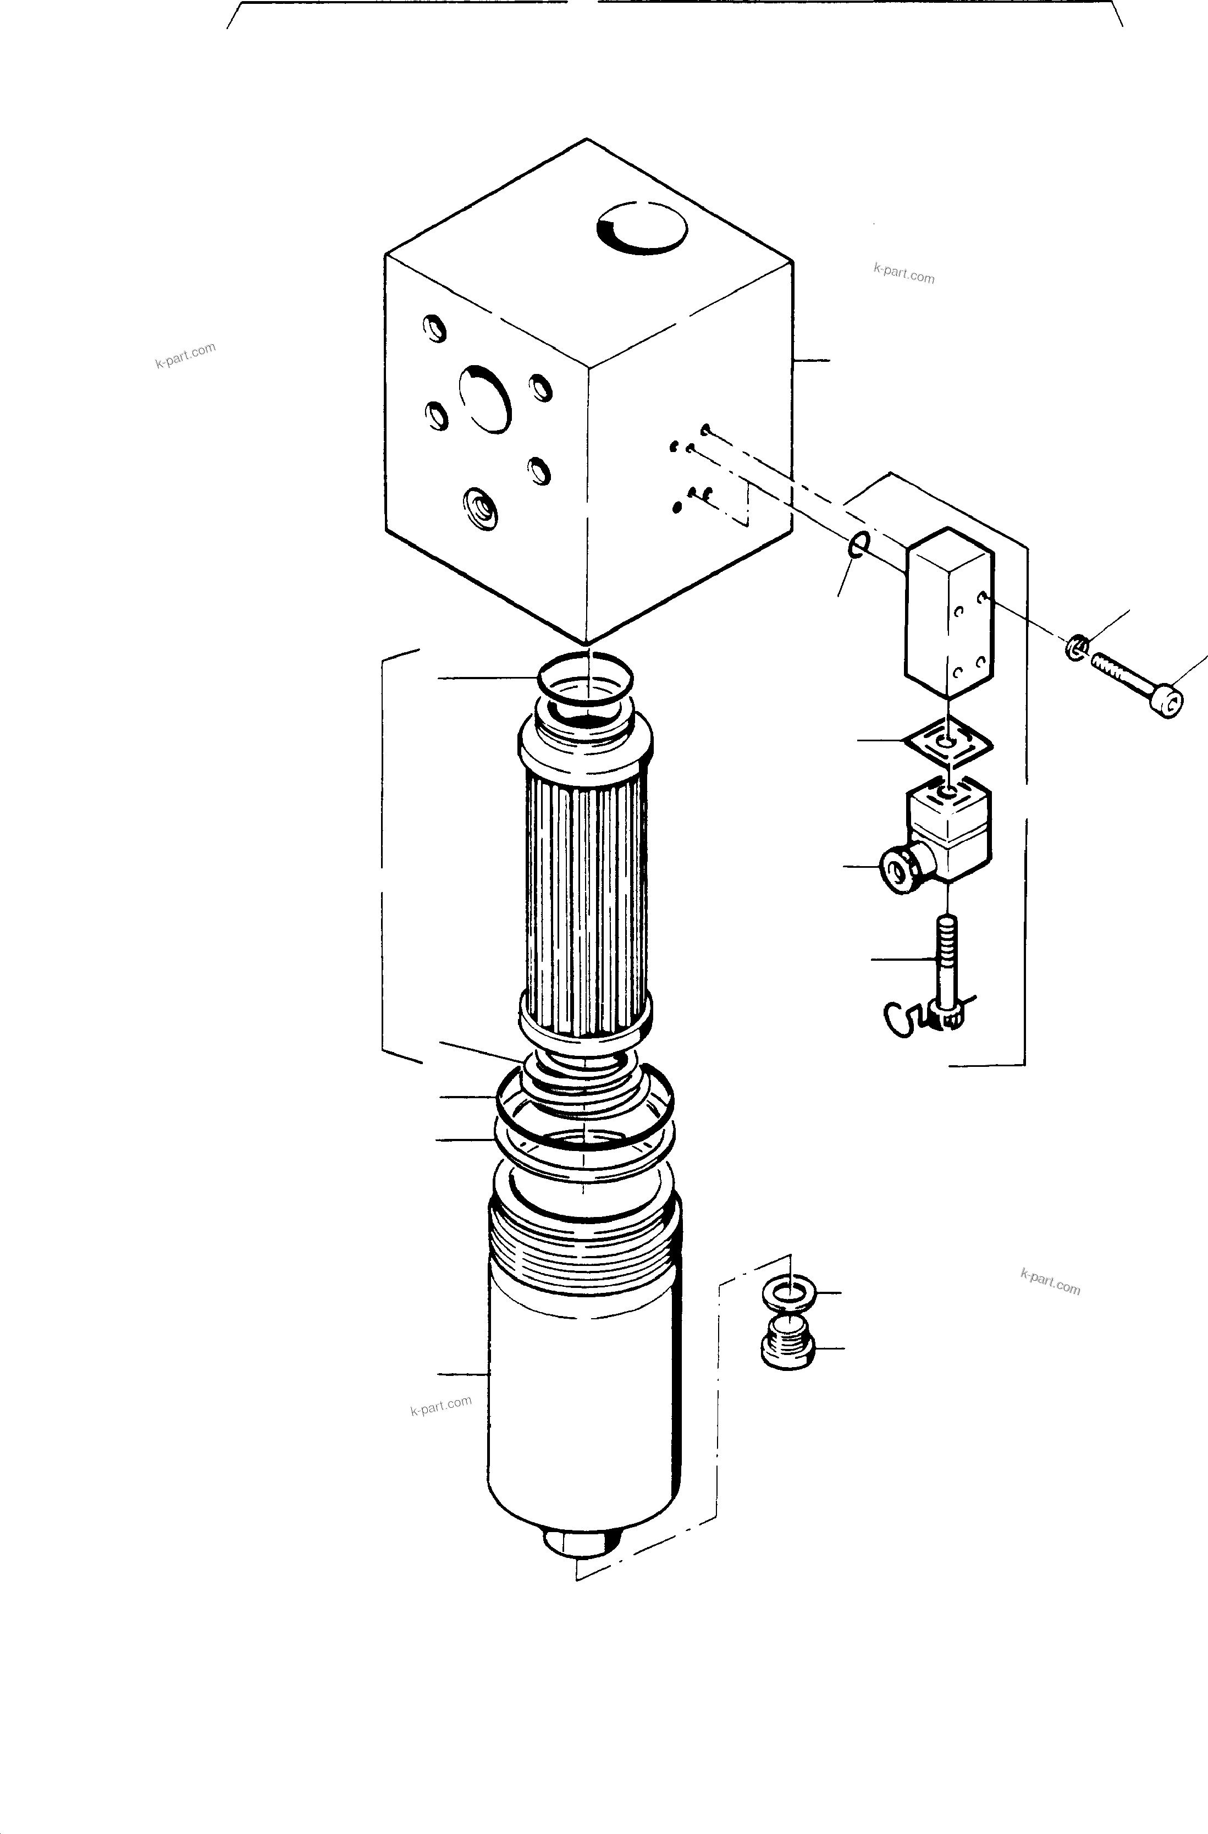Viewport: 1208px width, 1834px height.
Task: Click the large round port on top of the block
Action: [x=642, y=229]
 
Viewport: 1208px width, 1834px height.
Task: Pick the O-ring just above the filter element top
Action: [x=586, y=678]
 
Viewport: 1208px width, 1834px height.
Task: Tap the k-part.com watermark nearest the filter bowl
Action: [x=440, y=1406]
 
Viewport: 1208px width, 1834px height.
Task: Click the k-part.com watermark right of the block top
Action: [x=904, y=273]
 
